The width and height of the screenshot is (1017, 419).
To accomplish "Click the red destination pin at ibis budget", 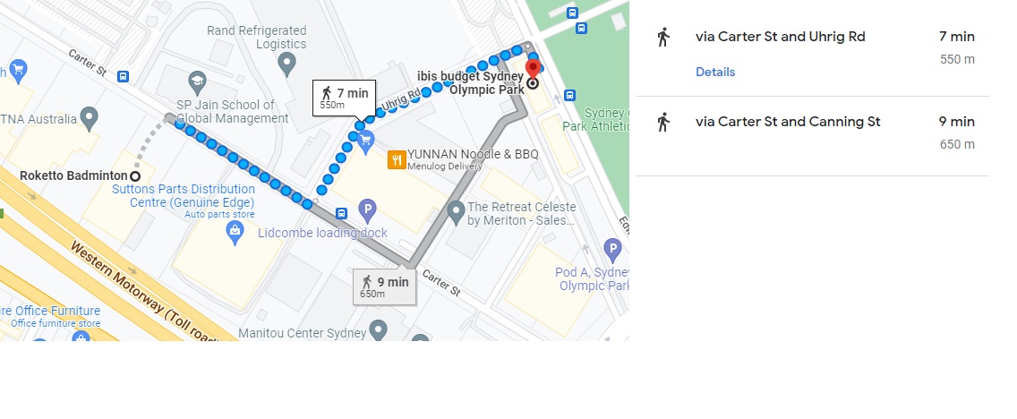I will [x=533, y=67].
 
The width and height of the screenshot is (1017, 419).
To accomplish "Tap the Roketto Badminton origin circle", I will [x=135, y=175].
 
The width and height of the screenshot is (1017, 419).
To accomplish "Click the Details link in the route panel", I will [x=715, y=72].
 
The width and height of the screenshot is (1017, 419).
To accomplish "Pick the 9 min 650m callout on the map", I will [x=385, y=286].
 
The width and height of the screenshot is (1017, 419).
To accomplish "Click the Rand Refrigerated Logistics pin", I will [x=286, y=63].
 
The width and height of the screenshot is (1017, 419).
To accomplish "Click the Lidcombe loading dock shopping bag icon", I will [x=235, y=232].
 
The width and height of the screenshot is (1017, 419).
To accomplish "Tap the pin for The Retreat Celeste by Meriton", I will [x=456, y=212].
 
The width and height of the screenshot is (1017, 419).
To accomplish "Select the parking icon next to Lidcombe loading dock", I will [x=366, y=210].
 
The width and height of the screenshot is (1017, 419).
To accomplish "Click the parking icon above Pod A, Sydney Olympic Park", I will [x=612, y=249].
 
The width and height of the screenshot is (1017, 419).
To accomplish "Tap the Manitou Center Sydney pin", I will [x=378, y=329].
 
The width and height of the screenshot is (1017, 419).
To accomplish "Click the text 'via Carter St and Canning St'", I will [x=788, y=122].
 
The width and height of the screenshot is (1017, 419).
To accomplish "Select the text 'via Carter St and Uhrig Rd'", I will [x=780, y=37].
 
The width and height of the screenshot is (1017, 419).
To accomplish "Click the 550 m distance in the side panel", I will [x=957, y=59].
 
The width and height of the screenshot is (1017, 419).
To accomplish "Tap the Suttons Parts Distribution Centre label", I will [x=184, y=195].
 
